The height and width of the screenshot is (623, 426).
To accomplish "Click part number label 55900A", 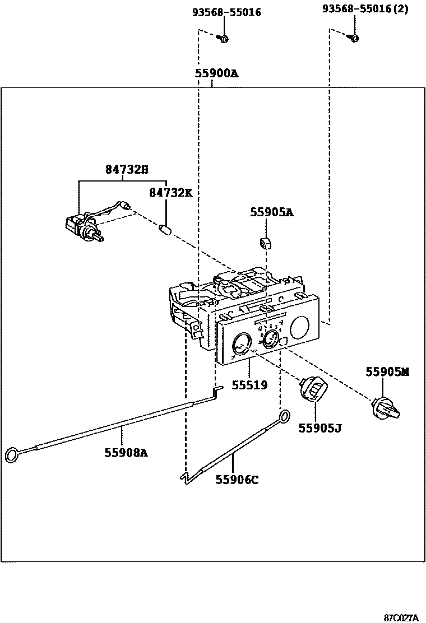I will point(216,73).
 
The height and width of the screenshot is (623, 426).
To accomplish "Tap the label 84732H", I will point(127,169).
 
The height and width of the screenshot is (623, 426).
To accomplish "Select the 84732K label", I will point(170,193).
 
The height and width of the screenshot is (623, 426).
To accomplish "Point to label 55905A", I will point(272,212).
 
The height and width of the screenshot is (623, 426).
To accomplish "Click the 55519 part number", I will point(251,385).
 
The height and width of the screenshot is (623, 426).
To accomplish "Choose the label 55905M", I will point(387,371).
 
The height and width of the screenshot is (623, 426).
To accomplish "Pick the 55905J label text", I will point(320,428).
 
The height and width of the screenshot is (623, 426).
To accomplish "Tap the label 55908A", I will point(126,452).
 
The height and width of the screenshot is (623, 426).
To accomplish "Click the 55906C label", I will point(237,480).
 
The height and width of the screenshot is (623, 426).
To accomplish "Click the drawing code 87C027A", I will point(401,617).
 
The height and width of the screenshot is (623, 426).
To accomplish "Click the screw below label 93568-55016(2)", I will point(354,38).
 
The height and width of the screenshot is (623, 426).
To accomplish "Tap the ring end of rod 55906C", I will point(285,416).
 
